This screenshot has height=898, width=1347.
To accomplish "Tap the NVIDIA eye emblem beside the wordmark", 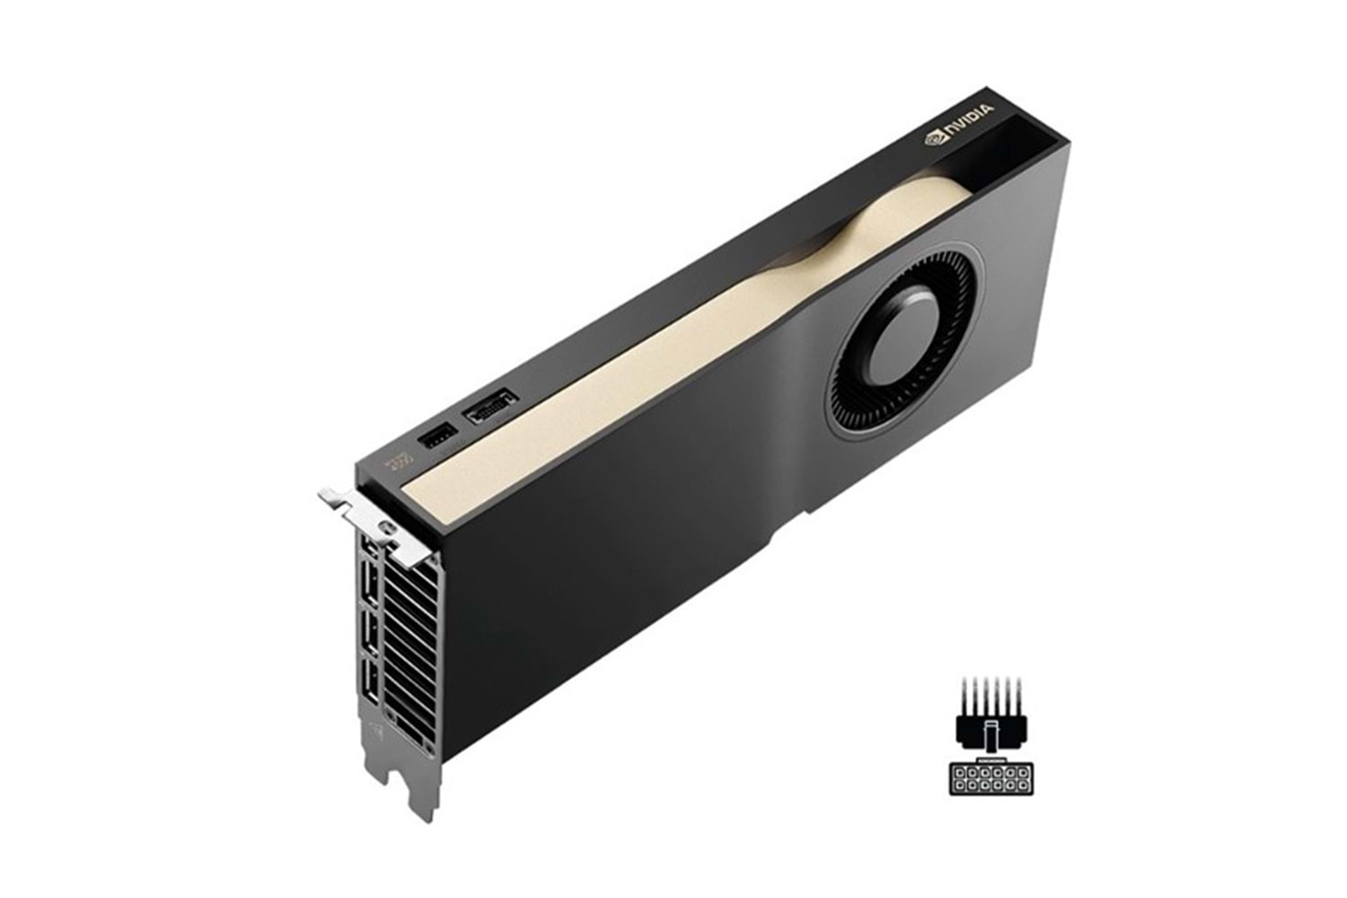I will pos(937,137).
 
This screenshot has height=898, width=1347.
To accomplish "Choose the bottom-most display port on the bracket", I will pos(370,681).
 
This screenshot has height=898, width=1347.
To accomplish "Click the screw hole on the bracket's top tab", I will pos(387,526).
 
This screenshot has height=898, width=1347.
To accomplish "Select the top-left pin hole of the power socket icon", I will pos(959,773).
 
